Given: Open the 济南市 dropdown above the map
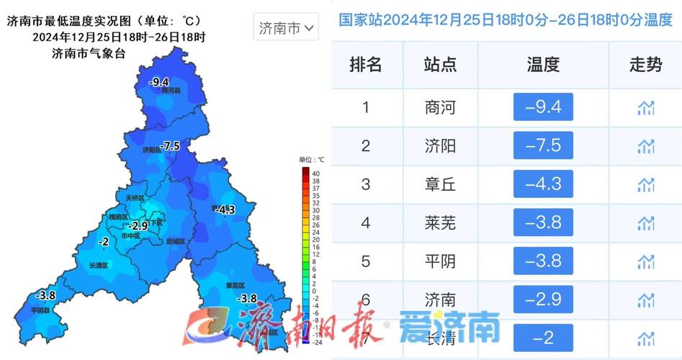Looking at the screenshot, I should tap(287, 29).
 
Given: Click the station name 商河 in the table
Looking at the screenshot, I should tap(440, 108).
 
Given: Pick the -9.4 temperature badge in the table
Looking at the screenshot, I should tap(543, 108).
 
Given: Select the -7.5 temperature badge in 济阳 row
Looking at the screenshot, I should tap(543, 146).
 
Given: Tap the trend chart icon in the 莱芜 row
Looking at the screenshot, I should tap(645, 223).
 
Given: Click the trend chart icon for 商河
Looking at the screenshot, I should tap(645, 108).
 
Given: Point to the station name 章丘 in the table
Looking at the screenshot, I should tap(440, 184).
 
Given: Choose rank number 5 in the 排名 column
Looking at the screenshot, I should tap(366, 261).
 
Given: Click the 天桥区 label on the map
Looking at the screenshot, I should tap(135, 197).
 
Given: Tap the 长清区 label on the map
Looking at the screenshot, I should tap(98, 266).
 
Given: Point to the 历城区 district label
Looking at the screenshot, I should tap(175, 241).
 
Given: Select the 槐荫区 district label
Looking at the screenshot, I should tap(117, 217).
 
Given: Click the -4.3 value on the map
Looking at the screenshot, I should tap(225, 210).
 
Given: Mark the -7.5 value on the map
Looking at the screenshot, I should tap(170, 146).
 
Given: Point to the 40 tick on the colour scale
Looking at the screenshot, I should tap(315, 173).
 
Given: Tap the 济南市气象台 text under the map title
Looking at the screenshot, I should tap(89, 53).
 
